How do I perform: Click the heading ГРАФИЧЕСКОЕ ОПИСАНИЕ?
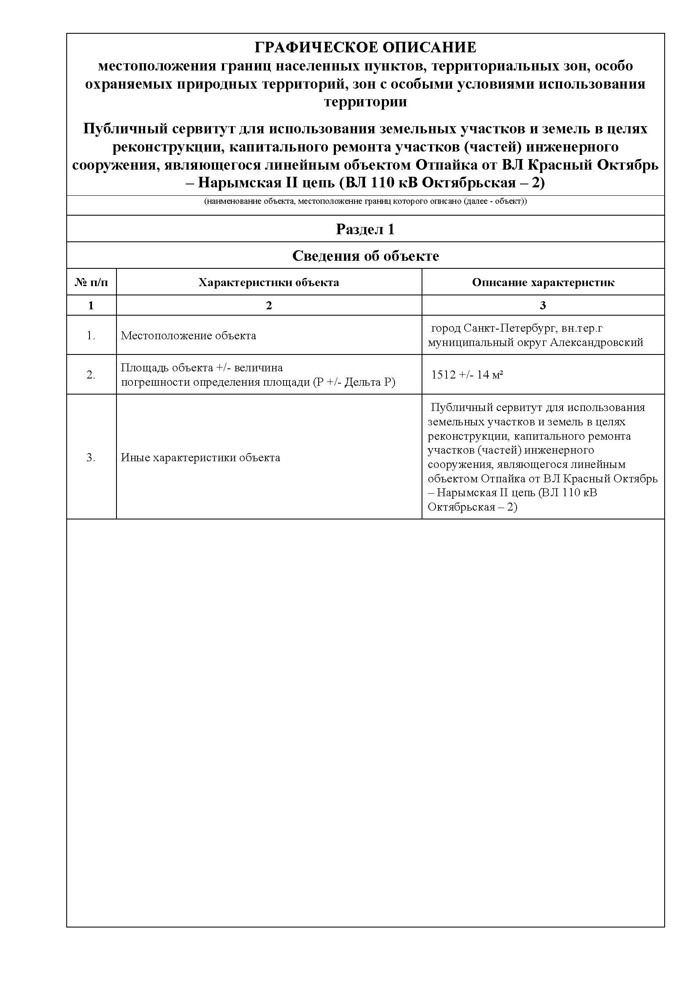[365, 47]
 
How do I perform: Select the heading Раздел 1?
[365, 229]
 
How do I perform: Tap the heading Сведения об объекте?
[365, 256]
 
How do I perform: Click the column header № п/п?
[91, 282]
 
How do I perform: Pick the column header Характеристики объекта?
[269, 282]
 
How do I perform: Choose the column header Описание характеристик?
[543, 282]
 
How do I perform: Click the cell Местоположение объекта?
[188, 335]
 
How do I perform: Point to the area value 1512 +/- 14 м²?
[467, 375]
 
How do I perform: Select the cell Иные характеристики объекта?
[200, 457]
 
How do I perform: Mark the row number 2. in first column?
[91, 375]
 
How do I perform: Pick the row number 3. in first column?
[91, 457]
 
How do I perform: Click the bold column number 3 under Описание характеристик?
[543, 305]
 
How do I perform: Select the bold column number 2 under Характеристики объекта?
[269, 305]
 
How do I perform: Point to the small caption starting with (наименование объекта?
[365, 201]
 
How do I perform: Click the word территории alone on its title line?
[365, 102]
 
